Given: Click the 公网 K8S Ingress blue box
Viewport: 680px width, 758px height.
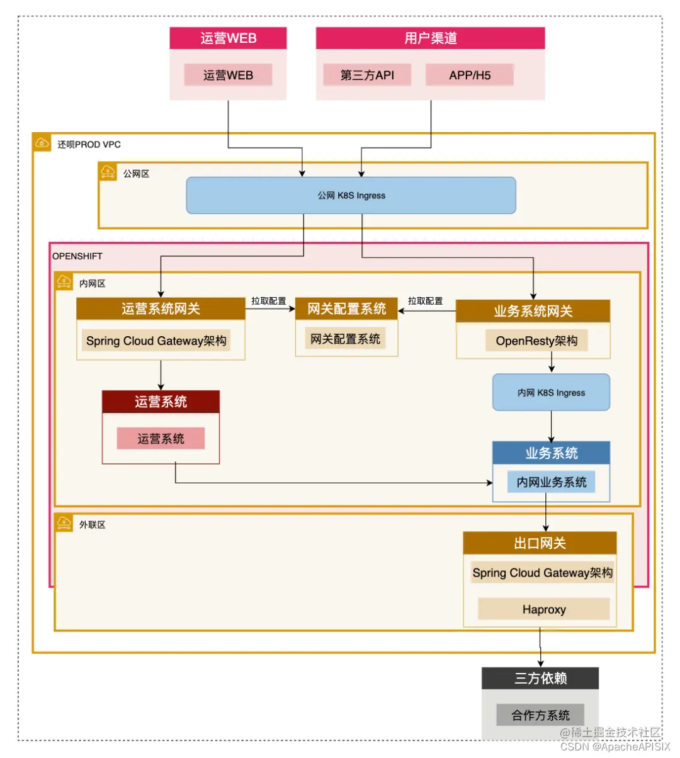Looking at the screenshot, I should (351, 195).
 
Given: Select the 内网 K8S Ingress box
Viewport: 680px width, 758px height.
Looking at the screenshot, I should (551, 392).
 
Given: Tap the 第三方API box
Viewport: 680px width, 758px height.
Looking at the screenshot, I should (367, 75).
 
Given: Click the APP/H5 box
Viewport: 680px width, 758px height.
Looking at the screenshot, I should (470, 75).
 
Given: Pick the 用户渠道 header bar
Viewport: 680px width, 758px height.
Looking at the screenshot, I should (430, 38).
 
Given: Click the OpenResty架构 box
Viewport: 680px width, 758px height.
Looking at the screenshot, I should (536, 341).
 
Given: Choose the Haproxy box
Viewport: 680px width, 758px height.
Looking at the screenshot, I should (544, 609).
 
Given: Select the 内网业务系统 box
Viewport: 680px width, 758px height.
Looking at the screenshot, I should (551, 482).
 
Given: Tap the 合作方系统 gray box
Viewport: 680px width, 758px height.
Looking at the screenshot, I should (540, 715).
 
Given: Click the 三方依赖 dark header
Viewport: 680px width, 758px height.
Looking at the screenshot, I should (540, 678).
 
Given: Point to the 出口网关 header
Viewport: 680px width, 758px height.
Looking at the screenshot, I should (540, 543).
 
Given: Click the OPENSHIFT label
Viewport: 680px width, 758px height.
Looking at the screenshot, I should (77, 256).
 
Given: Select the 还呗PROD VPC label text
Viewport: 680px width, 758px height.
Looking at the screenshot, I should (89, 144).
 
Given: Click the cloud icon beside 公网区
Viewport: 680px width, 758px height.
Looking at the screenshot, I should (108, 171).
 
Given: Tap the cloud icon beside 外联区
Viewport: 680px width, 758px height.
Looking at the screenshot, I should (64, 523).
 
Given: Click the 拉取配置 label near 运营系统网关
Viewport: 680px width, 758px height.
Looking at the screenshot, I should (269, 301).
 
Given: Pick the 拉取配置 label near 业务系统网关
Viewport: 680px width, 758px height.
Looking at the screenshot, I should (425, 301).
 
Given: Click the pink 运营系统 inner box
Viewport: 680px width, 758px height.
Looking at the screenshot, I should (161, 439).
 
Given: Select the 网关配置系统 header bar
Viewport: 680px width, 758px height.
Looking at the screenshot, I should (346, 308).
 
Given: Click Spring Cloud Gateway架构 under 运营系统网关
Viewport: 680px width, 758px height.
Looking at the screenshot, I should (156, 341).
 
